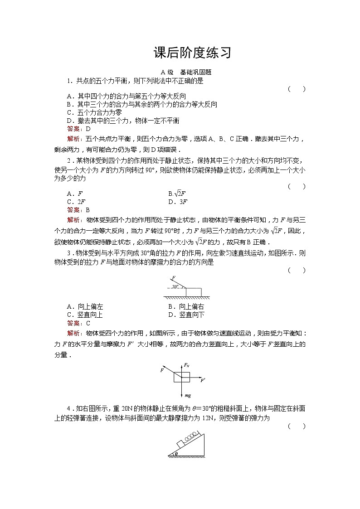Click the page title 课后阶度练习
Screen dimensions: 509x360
click(x=193, y=53)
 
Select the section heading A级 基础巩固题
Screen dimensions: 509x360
click(x=186, y=72)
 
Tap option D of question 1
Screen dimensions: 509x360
click(x=123, y=121)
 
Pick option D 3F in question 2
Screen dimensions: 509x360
click(x=178, y=202)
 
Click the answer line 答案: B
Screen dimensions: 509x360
click(x=78, y=210)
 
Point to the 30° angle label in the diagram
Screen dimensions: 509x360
click(x=176, y=287)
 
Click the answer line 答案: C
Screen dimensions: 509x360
click(x=78, y=323)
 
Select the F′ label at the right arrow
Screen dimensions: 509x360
click(x=203, y=380)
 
